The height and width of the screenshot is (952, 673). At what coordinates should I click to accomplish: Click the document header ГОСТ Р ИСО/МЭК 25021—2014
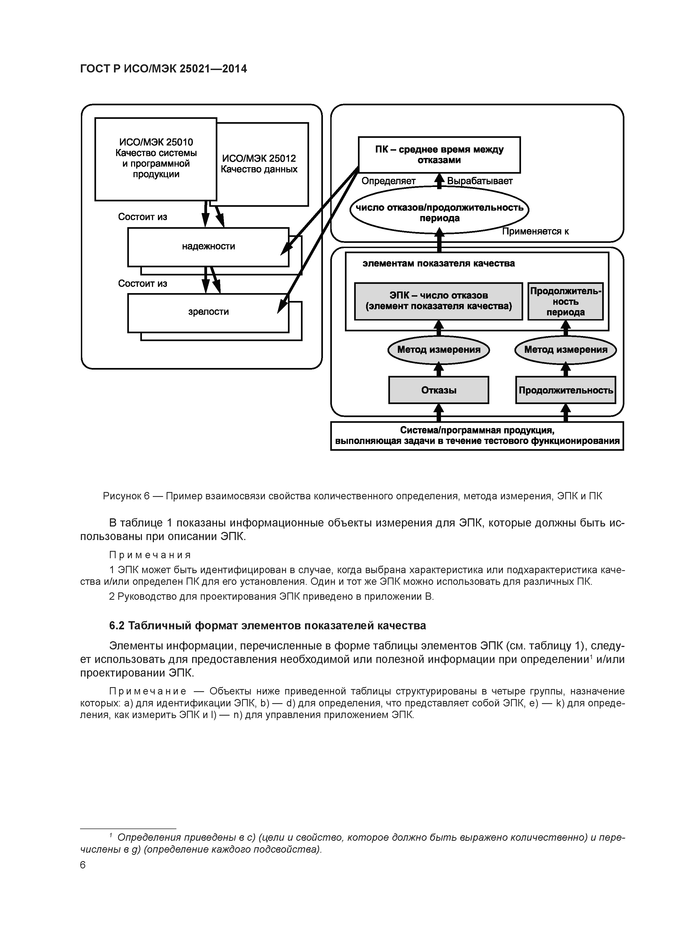pos(163,69)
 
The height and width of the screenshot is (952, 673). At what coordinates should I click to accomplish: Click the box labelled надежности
pos(208,247)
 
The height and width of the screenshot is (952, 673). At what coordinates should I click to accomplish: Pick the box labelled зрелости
pos(208,312)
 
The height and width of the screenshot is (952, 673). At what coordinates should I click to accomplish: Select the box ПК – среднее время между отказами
pos(439,155)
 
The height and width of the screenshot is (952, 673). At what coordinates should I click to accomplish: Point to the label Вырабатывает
pos(480,181)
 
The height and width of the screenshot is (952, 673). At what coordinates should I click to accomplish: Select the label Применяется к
pos(535,232)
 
